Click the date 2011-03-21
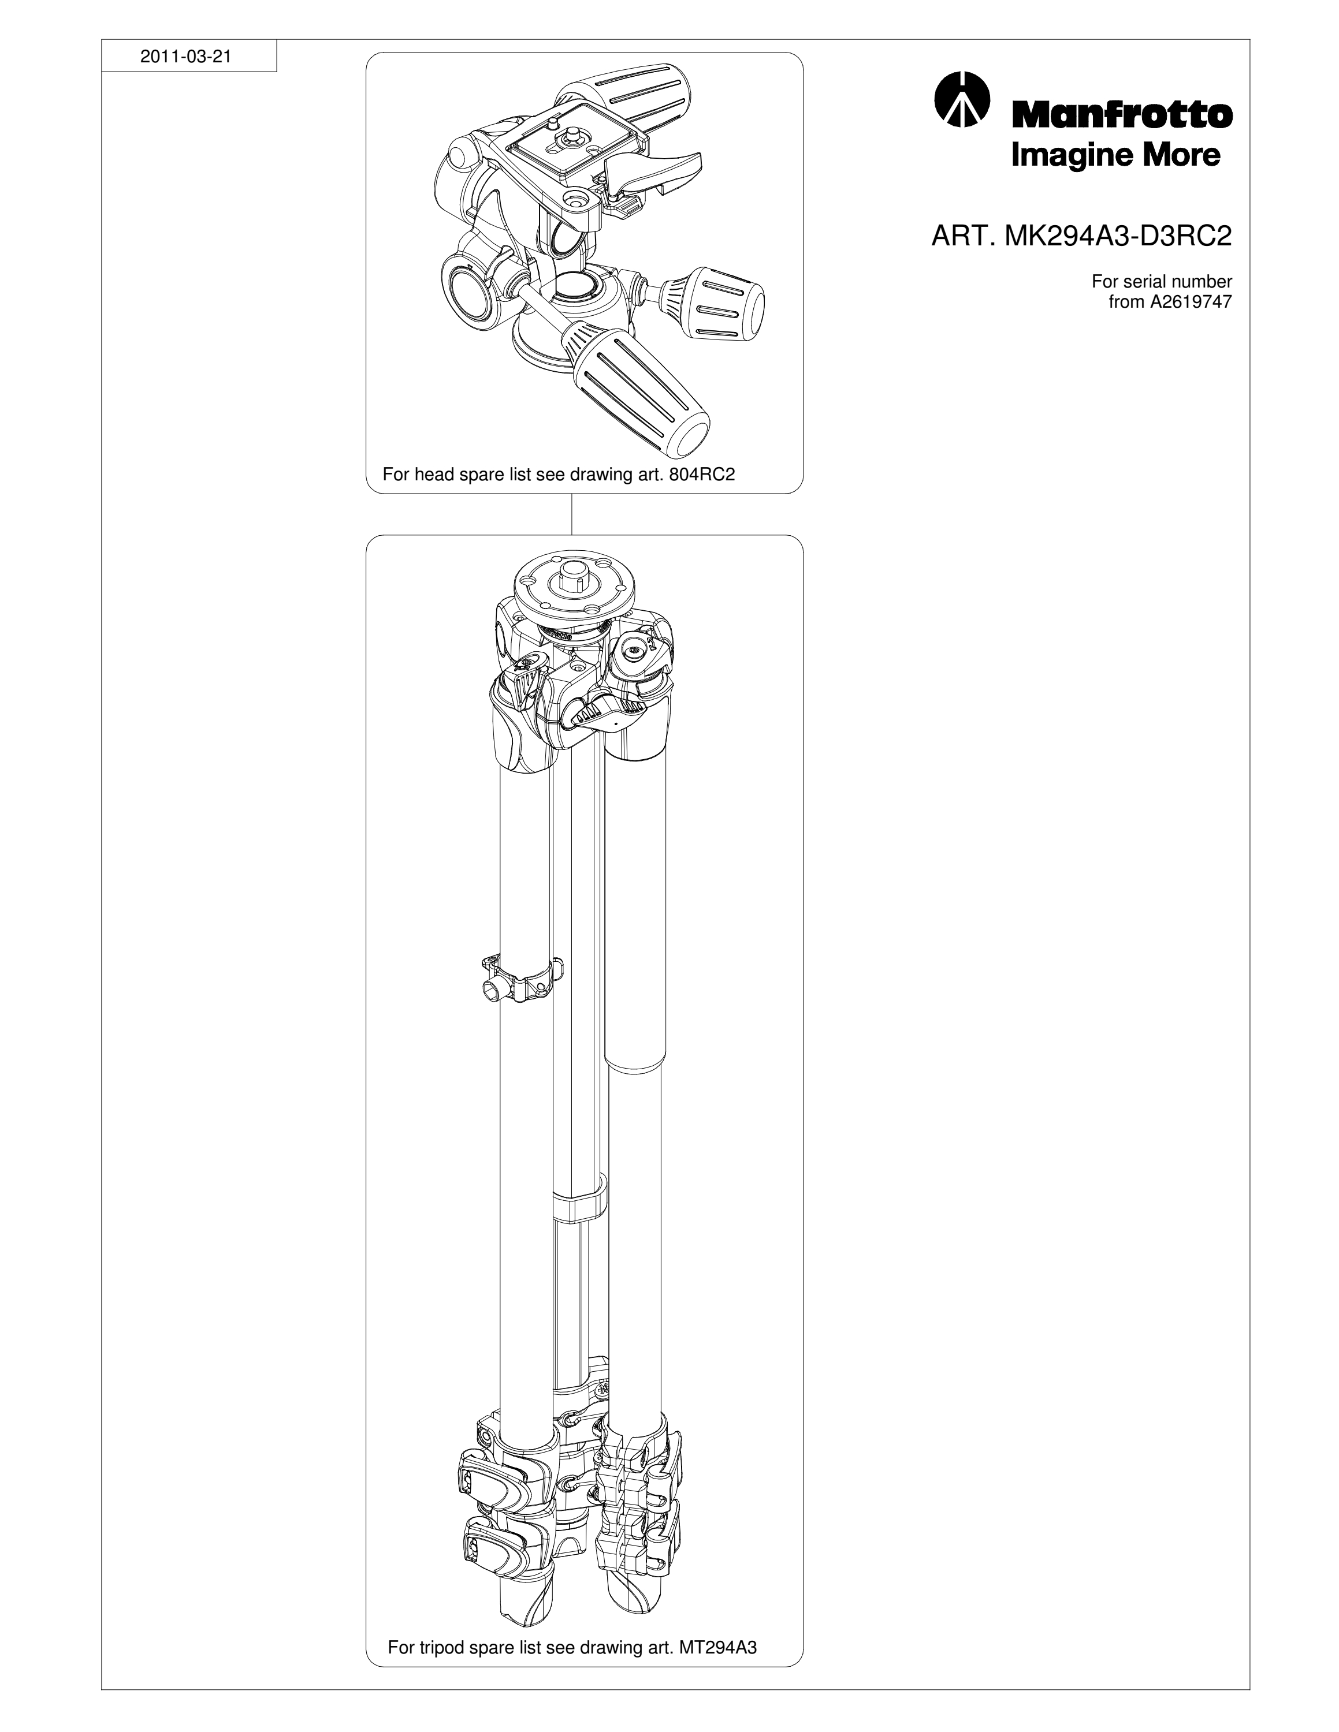pyautogui.click(x=185, y=57)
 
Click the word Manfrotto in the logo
pyautogui.click(x=1121, y=114)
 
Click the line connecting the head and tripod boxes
pyautogui.click(x=572, y=514)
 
